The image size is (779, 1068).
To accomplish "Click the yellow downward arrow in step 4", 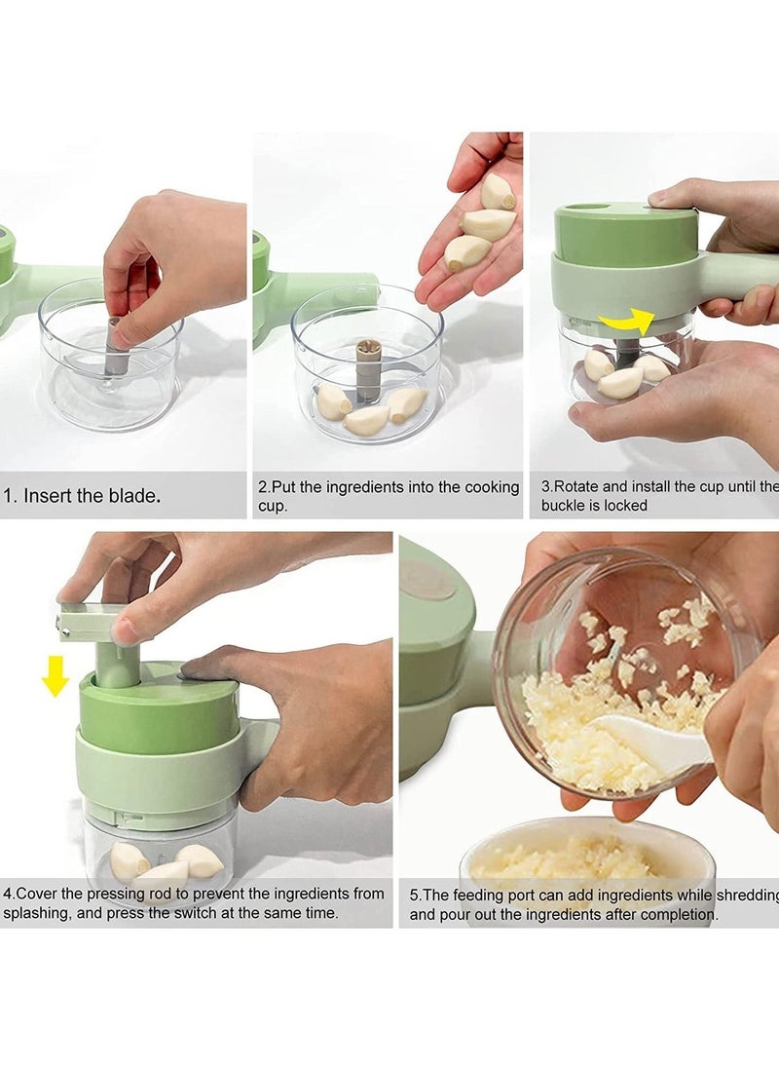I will point(55,674).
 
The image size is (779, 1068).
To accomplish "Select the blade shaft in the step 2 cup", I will point(368,369).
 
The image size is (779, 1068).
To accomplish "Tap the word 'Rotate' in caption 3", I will point(580,486).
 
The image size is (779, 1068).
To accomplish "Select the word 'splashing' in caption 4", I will point(39,913).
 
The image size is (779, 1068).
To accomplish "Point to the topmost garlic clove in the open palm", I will point(498,191).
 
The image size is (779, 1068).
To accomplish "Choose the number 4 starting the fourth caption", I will point(7,894).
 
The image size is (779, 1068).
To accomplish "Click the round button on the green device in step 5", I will point(427,581).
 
